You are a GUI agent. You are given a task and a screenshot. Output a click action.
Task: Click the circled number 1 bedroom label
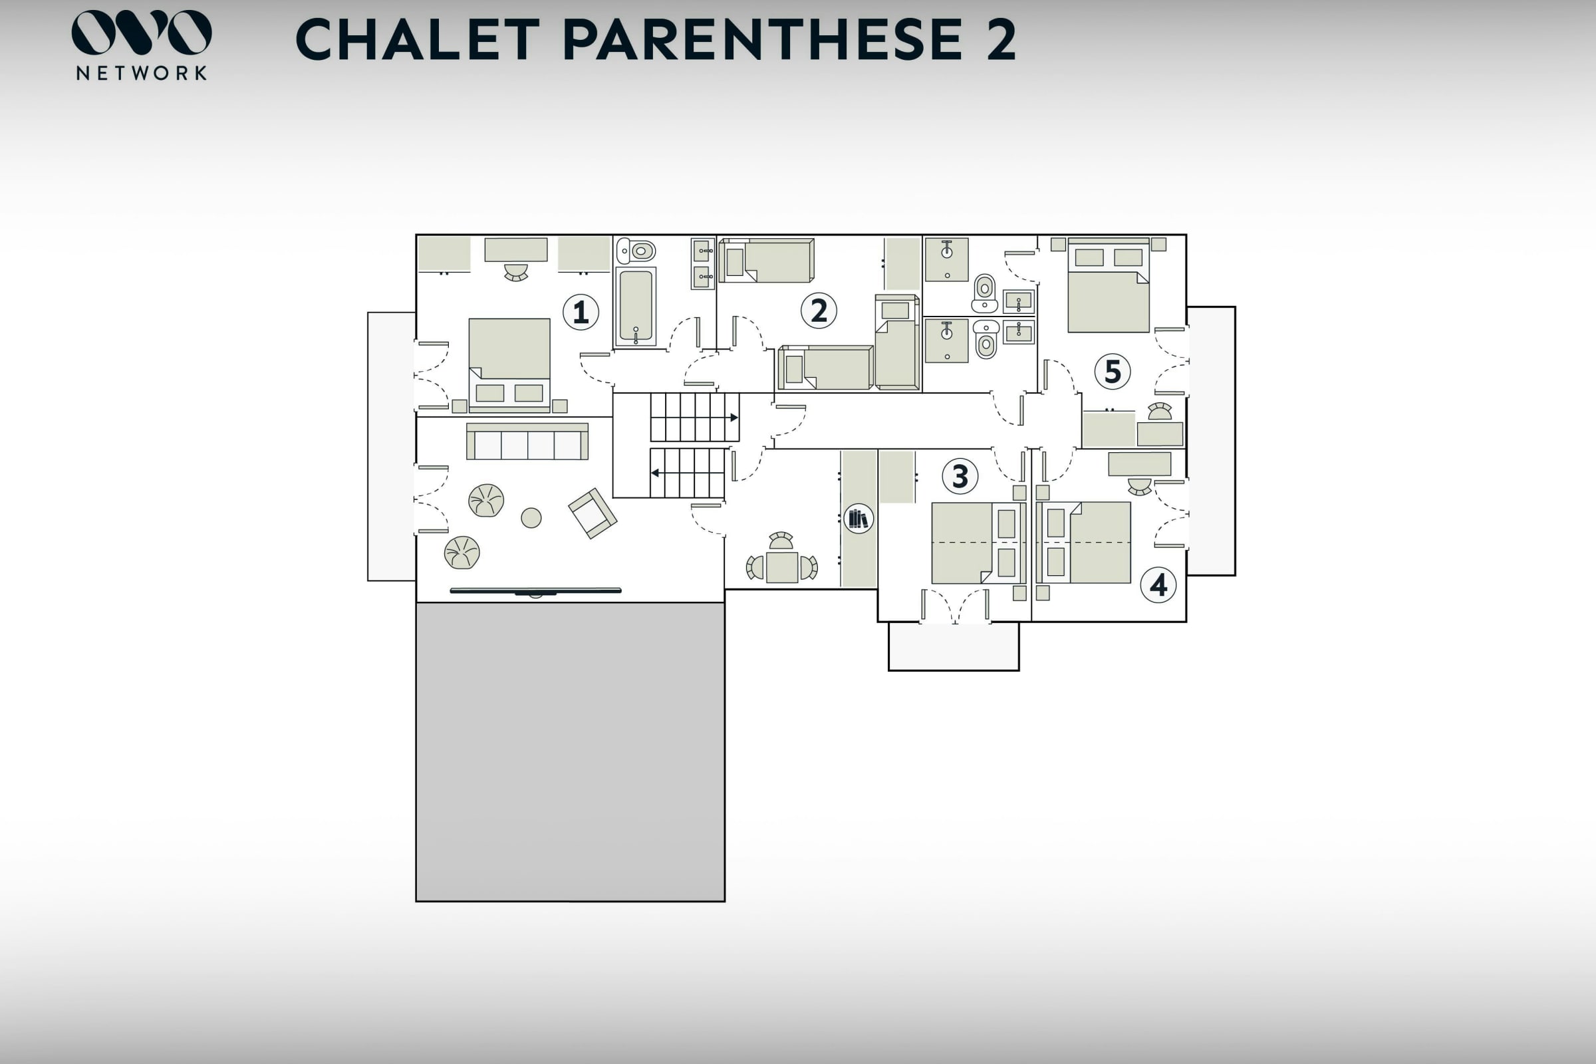(580, 312)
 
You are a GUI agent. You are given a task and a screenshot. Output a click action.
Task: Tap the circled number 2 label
(819, 311)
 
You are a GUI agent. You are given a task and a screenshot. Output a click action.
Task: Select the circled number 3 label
(960, 476)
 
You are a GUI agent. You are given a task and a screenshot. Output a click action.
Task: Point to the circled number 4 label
(1158, 585)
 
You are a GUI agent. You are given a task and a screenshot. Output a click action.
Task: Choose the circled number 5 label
(1112, 372)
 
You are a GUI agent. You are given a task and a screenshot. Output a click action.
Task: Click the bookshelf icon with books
(859, 519)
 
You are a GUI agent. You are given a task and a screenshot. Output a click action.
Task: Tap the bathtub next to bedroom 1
(636, 306)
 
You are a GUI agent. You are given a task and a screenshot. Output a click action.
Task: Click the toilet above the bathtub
(636, 251)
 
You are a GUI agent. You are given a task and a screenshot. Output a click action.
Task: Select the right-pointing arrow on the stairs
(733, 418)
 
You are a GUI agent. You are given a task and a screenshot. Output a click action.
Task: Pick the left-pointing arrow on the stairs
(656, 473)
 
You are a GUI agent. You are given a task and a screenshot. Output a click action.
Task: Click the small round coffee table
(531, 518)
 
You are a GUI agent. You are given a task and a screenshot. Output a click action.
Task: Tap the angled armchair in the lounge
(593, 513)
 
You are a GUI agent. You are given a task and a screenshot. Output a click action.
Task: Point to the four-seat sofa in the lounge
(527, 442)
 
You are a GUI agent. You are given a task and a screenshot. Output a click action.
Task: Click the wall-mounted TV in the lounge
(535, 591)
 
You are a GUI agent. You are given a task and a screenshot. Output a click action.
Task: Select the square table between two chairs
(782, 567)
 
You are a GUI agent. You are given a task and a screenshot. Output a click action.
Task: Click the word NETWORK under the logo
(141, 73)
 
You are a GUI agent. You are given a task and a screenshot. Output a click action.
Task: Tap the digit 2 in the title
(1001, 39)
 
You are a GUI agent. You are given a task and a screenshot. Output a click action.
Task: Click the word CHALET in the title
(418, 39)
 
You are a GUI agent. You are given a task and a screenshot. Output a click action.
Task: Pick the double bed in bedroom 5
(1108, 286)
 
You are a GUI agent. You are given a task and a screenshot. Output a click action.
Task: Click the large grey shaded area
(570, 752)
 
